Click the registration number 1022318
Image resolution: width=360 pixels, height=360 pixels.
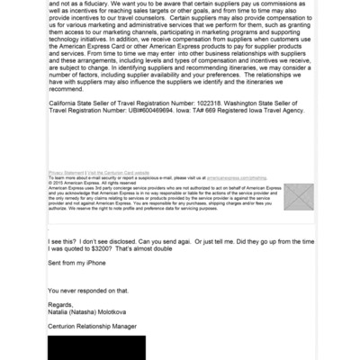(220, 130)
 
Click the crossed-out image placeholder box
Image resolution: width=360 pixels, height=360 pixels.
(299, 197)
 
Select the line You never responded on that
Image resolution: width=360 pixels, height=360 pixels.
(93, 289)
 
